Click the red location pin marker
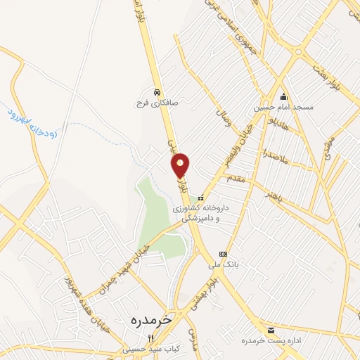tap(181, 165)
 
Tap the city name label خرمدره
tap(151, 319)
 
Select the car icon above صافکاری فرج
tap(157, 92)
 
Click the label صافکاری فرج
tap(157, 103)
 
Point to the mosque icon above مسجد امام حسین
tap(283, 97)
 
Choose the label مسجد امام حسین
tap(283, 108)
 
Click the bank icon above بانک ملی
tap(223, 254)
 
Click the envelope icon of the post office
tap(271, 329)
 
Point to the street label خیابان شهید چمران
tap(146, 250)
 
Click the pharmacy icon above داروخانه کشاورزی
tap(201, 198)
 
